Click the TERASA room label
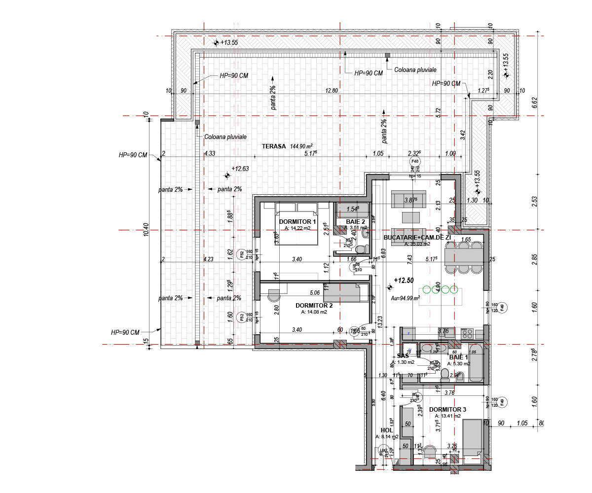click(274, 146)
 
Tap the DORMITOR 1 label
click(297, 222)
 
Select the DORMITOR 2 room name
click(314, 305)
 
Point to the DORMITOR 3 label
click(447, 410)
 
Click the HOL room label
click(386, 430)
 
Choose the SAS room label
click(403, 356)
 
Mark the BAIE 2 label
click(356, 222)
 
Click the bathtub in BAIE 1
click(476, 364)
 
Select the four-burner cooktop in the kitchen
click(467, 334)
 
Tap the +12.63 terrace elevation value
click(241, 168)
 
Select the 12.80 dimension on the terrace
click(331, 90)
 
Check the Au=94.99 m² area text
click(405, 298)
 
